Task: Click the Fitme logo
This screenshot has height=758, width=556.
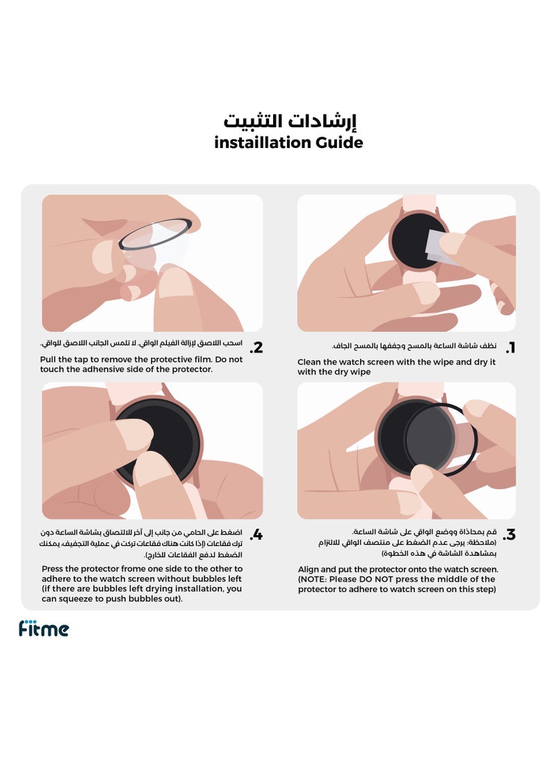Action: point(44,629)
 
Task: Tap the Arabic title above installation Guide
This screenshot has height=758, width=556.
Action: point(290,121)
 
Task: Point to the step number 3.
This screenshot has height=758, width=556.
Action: point(510,535)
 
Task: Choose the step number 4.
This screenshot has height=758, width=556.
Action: point(256,535)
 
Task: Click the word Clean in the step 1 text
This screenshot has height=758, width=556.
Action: point(311,362)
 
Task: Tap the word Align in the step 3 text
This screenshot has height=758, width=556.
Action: point(310,569)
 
